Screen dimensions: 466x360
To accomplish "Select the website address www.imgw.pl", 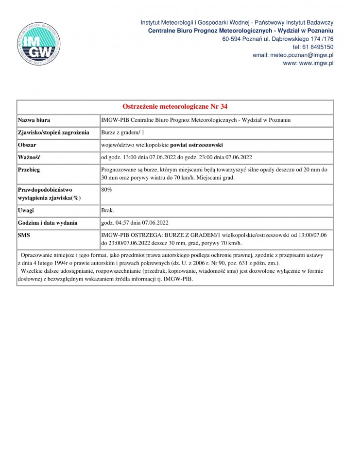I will [x=315, y=63].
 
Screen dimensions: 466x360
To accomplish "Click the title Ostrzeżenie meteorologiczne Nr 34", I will [x=175, y=107].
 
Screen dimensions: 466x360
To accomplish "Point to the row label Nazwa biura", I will [x=34, y=120].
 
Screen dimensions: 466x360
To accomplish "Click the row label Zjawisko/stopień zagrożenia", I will [x=53, y=133].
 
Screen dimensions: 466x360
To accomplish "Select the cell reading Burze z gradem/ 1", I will [x=123, y=133].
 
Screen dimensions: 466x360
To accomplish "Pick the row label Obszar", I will [x=27, y=145].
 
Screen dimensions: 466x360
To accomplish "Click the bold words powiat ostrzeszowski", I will [x=196, y=145].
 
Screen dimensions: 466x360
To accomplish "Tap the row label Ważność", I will [x=29, y=157].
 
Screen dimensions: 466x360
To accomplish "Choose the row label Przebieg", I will [x=29, y=170].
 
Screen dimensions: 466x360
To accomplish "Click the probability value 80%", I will [x=107, y=189].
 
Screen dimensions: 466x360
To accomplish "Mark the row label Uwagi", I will [x=26, y=211].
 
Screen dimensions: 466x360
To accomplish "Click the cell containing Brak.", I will [x=107, y=211].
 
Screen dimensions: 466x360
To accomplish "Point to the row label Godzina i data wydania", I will [x=48, y=223].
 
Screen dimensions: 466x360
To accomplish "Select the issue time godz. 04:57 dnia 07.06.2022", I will [x=135, y=223].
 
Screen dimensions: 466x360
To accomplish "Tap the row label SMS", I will [x=24, y=235].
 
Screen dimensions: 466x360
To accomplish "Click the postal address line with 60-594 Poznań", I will [x=278, y=39].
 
